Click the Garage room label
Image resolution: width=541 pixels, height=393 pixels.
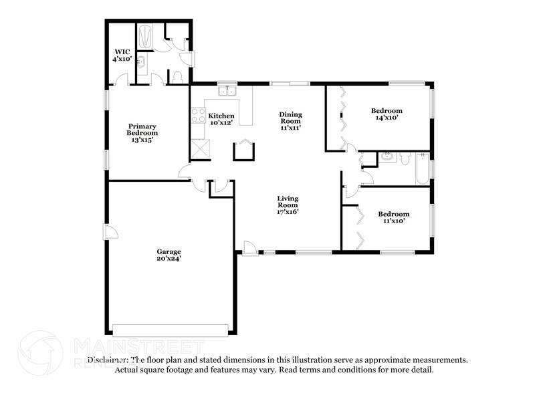(x=169, y=255)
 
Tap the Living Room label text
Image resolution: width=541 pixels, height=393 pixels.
(x=288, y=205)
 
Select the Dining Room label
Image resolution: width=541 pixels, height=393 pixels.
(x=290, y=120)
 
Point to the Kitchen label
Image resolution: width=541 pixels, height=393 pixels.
(x=221, y=119)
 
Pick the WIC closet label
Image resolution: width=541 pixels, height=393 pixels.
(x=122, y=55)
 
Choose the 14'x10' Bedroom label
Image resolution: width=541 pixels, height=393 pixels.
(x=387, y=114)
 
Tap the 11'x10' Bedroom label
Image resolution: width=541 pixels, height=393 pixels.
(x=393, y=218)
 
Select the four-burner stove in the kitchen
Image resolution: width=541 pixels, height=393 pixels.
(x=199, y=116)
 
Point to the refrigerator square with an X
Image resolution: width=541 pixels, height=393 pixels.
(x=200, y=150)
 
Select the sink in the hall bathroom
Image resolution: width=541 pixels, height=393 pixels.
(x=387, y=158)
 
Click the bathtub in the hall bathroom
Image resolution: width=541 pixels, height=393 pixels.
(x=422, y=169)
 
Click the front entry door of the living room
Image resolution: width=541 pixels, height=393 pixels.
(x=250, y=248)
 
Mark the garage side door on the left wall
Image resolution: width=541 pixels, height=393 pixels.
(x=110, y=232)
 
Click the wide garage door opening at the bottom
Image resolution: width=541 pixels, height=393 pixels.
(x=171, y=330)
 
